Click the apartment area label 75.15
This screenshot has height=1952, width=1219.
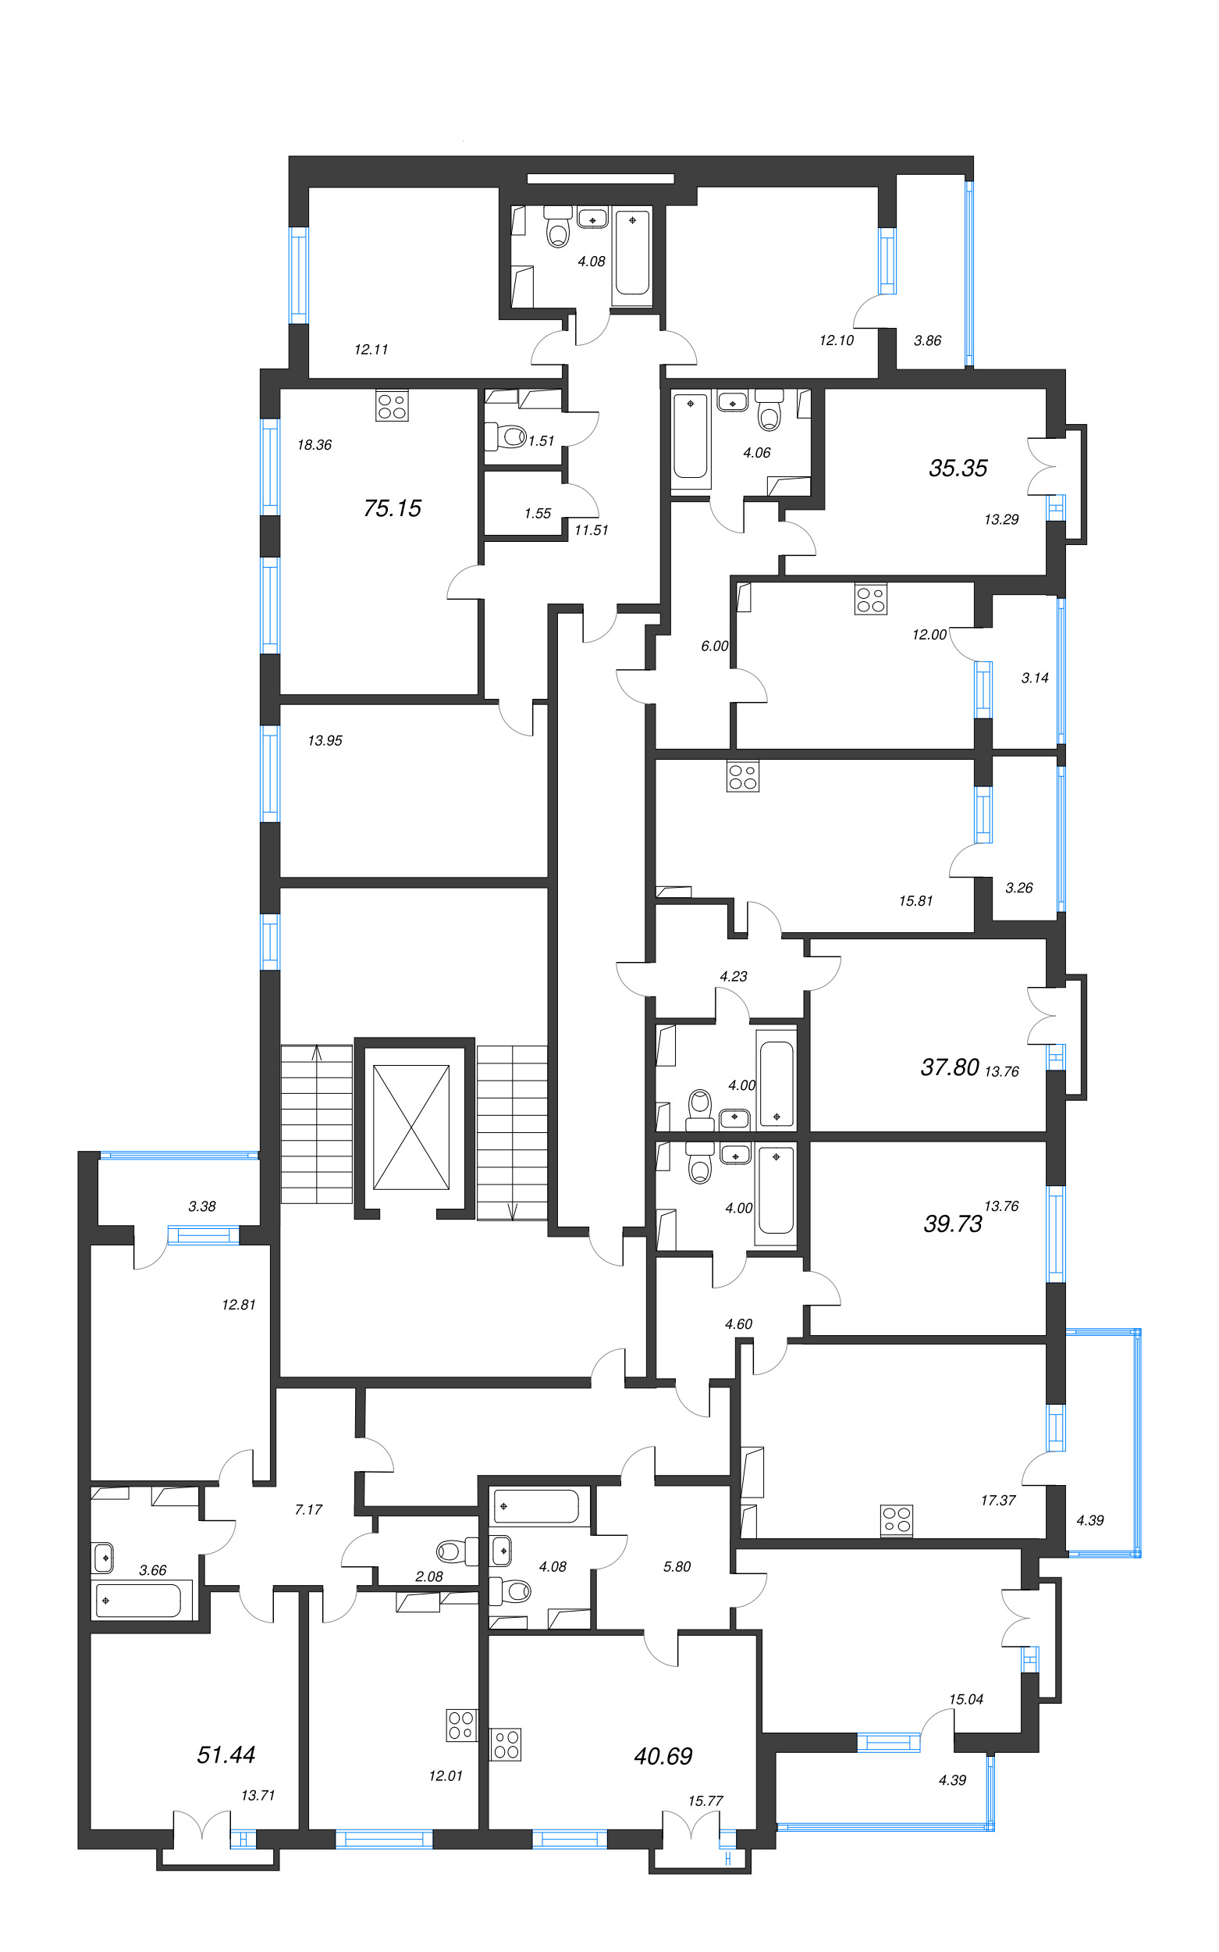coord(392,508)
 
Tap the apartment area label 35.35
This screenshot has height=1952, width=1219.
coord(957,468)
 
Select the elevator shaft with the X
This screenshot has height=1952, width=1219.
coord(411,1127)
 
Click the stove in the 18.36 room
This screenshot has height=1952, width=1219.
coord(392,406)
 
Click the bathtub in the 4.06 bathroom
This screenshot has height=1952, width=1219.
coord(691,436)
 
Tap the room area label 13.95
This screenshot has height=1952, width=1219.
coord(325,740)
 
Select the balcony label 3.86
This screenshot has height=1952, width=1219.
coord(927,340)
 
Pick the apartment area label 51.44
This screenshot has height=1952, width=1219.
coord(226,1754)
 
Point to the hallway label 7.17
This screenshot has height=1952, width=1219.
coord(308,1509)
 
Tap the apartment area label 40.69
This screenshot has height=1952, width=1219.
coord(663,1756)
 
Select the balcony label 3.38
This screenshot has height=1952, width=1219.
coord(201,1206)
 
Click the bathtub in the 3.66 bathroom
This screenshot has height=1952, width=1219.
coord(139,1601)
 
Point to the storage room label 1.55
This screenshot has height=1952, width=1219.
coord(537,513)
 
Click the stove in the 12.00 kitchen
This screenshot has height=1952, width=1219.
coord(871,600)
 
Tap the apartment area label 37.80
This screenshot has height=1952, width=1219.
coord(949,1067)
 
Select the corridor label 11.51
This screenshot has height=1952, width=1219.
coord(591,530)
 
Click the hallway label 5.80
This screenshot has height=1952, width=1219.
coord(677,1566)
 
